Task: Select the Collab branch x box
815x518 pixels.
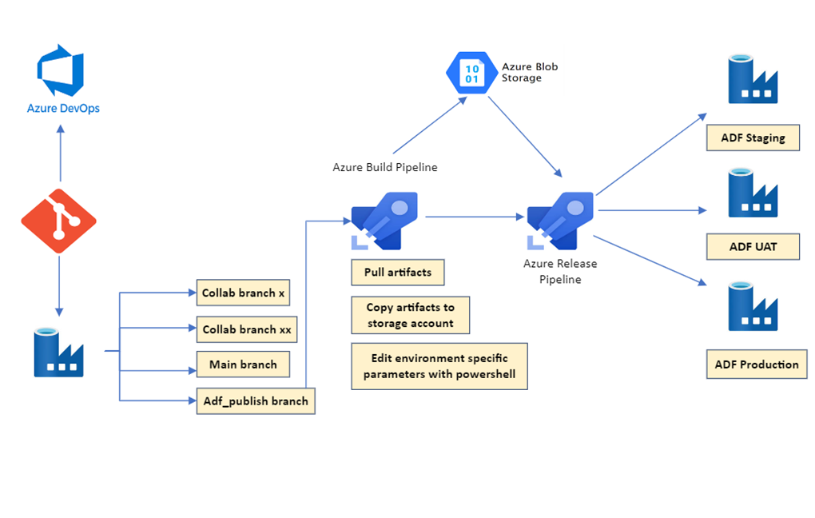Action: pos(243,293)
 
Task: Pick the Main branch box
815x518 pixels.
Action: pos(243,365)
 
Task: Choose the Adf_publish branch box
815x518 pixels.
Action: pos(255,401)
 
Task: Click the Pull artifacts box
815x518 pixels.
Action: pos(398,273)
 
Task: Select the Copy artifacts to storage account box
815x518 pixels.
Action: pos(410,315)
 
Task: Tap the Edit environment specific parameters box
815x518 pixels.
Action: pos(439,366)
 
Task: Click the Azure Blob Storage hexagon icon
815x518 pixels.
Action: pos(471,73)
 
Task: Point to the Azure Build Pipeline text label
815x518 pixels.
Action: pos(384,167)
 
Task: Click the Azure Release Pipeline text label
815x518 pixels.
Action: pos(559,271)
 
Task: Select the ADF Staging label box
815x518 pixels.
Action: pos(753,137)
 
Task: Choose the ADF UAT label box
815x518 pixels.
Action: pos(753,246)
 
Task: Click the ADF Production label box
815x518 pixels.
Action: pos(756,365)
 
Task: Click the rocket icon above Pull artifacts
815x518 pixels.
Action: pos(384,219)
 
